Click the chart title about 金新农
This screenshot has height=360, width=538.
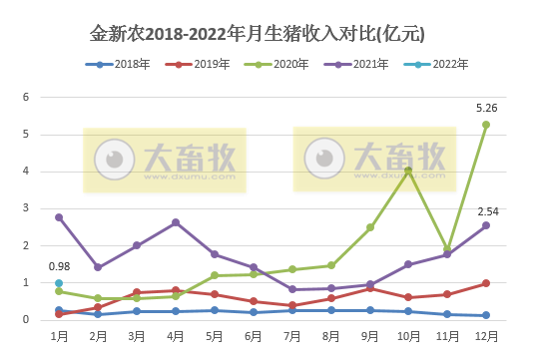click(x=258, y=34)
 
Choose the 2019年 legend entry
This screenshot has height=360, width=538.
click(x=199, y=65)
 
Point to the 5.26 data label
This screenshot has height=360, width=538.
click(x=486, y=106)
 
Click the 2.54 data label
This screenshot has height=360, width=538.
click(x=488, y=211)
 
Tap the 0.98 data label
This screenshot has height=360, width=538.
click(x=59, y=266)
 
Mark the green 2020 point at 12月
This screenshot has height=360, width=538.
click(x=486, y=125)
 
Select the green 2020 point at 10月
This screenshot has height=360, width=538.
click(x=408, y=171)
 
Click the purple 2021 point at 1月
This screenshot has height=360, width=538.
click(x=59, y=217)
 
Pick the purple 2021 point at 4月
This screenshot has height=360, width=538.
click(x=176, y=222)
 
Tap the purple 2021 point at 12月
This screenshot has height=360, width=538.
click(x=486, y=225)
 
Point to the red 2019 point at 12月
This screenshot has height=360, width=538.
click(x=486, y=283)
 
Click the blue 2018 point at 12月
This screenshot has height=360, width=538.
click(x=486, y=315)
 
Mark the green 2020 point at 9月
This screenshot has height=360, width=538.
click(x=369, y=227)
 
